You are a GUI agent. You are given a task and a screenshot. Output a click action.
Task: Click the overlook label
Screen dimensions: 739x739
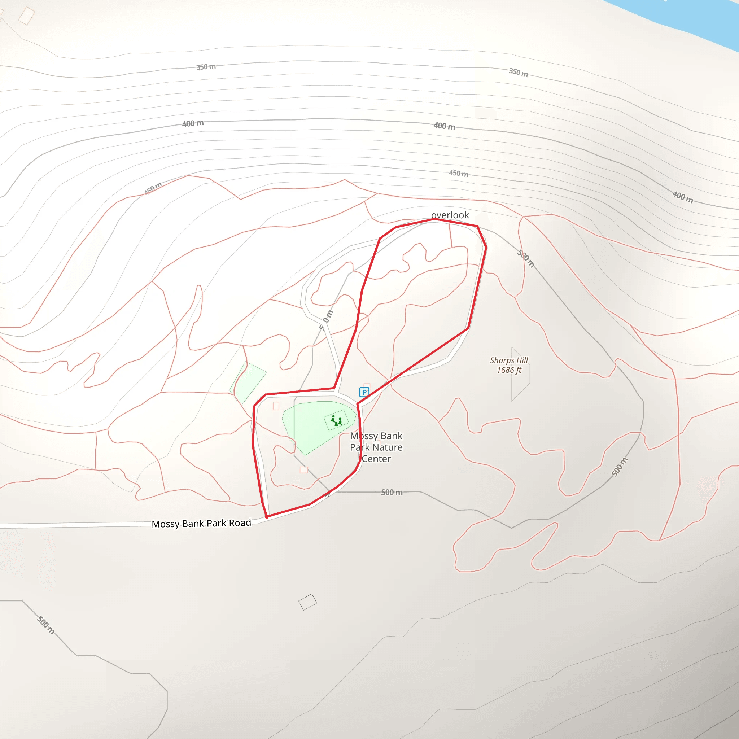point(450,215)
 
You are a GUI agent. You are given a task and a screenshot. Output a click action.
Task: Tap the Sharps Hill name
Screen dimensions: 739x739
point(509,360)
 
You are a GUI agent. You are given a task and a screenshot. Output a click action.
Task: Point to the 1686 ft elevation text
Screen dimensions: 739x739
point(509,370)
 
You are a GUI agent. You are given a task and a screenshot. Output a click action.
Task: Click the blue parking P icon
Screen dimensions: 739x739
point(364,392)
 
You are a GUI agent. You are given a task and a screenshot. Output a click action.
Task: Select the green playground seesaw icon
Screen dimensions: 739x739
point(336,421)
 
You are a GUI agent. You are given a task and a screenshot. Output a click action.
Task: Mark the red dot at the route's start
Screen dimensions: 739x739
point(267,516)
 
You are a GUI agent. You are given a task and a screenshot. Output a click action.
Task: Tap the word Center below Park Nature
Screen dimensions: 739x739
point(376,459)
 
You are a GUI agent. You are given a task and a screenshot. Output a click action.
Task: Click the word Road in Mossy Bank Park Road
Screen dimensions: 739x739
point(240,523)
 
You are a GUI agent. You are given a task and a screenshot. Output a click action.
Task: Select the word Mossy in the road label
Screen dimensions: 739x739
point(165,524)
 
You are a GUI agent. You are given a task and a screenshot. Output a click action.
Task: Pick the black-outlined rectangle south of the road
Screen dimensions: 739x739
point(307,602)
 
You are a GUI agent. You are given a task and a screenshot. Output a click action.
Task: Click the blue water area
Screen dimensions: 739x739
point(688,19)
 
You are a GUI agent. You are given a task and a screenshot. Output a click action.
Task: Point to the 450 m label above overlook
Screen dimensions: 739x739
point(459,174)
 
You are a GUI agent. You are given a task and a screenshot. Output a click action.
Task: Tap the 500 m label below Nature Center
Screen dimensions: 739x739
point(392,492)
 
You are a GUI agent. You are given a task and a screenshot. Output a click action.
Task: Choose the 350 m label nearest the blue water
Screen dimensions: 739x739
point(518,72)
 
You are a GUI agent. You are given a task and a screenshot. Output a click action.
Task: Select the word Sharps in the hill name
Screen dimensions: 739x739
point(502,360)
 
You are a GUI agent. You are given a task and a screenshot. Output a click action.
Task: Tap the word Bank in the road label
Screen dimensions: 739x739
point(193,524)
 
